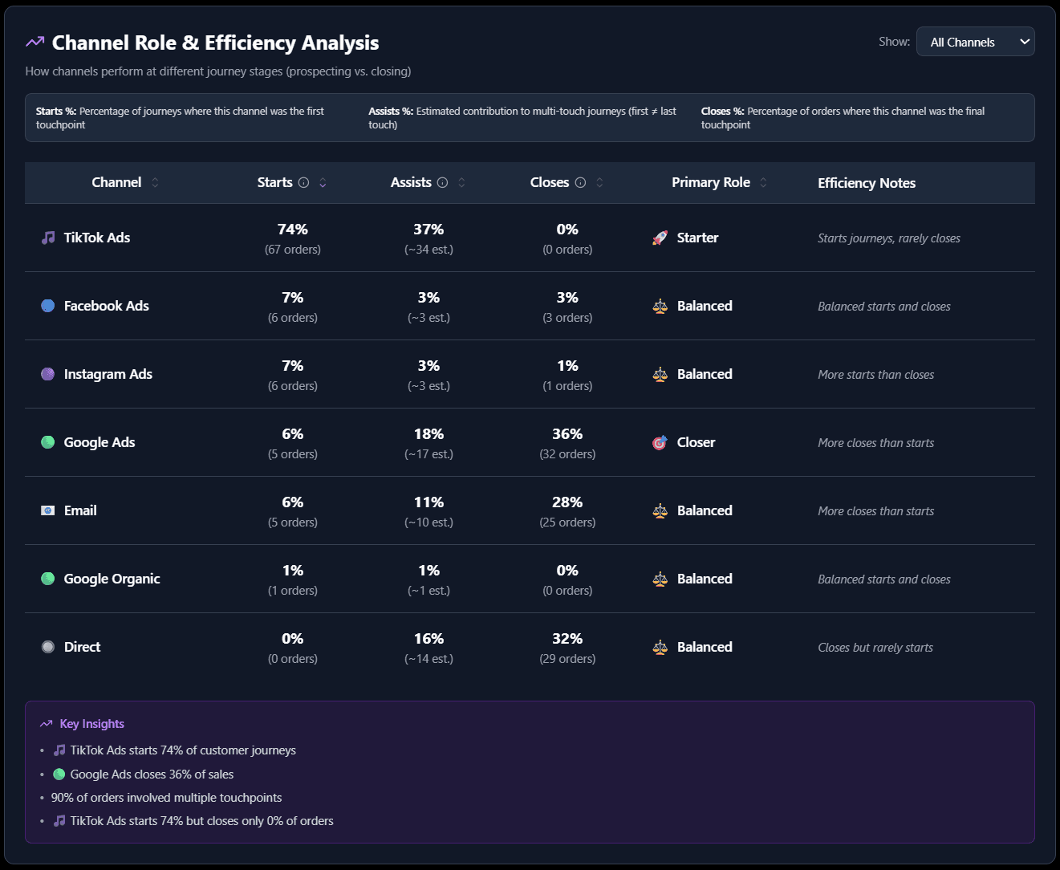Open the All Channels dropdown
coord(975,42)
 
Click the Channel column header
coord(116,182)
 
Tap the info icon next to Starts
coord(303,183)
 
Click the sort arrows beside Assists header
coord(461,183)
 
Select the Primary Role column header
coord(710,182)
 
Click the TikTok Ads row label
coord(96,238)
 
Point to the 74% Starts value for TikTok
coord(293,230)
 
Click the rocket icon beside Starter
coord(660,238)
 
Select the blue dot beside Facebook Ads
coord(48,306)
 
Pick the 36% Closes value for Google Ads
coord(567,434)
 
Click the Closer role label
coord(696,442)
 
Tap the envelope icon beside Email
coord(48,510)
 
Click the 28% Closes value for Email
coord(567,502)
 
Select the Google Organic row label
coord(112,579)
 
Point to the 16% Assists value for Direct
coord(428,639)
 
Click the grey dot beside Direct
coord(48,647)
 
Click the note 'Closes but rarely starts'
coord(875,648)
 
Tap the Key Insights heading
coord(91,724)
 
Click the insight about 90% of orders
coord(166,798)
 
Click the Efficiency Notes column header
coord(867,183)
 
